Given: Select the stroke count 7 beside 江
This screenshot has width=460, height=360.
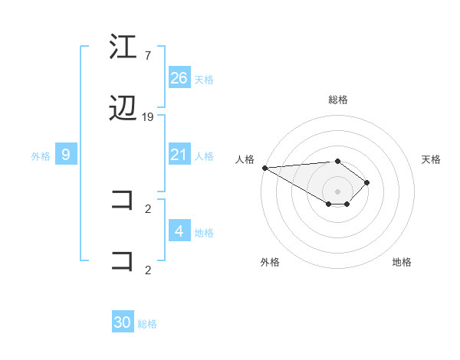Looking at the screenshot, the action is pos(147,56).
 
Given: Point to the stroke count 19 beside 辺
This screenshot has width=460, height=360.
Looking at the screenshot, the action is pos(148,117).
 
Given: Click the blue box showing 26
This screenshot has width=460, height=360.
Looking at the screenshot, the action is pos(179,78).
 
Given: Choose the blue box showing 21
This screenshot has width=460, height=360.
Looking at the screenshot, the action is pos(179,155).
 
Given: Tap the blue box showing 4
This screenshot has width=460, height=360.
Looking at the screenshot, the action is pos(179,231).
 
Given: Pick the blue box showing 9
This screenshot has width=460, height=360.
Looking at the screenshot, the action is pos(66,155).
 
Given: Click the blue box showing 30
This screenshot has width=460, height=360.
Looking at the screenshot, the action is pos(123,322).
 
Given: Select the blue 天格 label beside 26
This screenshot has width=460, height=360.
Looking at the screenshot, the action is pos(204,80).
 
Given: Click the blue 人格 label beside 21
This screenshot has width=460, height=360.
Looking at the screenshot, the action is pos(204,156).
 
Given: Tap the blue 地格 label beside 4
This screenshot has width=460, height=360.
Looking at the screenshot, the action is pos(204,233).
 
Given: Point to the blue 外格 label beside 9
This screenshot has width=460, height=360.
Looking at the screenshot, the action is pos(41,156).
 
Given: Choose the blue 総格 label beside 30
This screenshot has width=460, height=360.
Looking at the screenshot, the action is pos(147,325).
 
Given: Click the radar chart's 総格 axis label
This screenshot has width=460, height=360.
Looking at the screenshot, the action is pos(338,100).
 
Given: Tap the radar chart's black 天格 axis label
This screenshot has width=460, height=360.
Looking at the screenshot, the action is pos(432,159).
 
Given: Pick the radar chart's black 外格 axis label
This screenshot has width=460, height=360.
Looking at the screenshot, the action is pos(270,262).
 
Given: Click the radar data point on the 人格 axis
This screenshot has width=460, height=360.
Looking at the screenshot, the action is pos(264,168).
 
